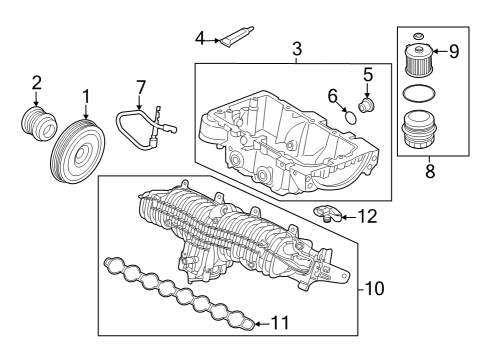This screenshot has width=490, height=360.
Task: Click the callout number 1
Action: [86, 96]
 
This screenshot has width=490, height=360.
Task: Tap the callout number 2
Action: [36, 82]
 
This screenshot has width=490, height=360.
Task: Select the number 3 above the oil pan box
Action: [296, 49]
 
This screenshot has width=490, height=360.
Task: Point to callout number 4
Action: [200, 38]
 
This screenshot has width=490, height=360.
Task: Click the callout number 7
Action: [141, 88]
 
